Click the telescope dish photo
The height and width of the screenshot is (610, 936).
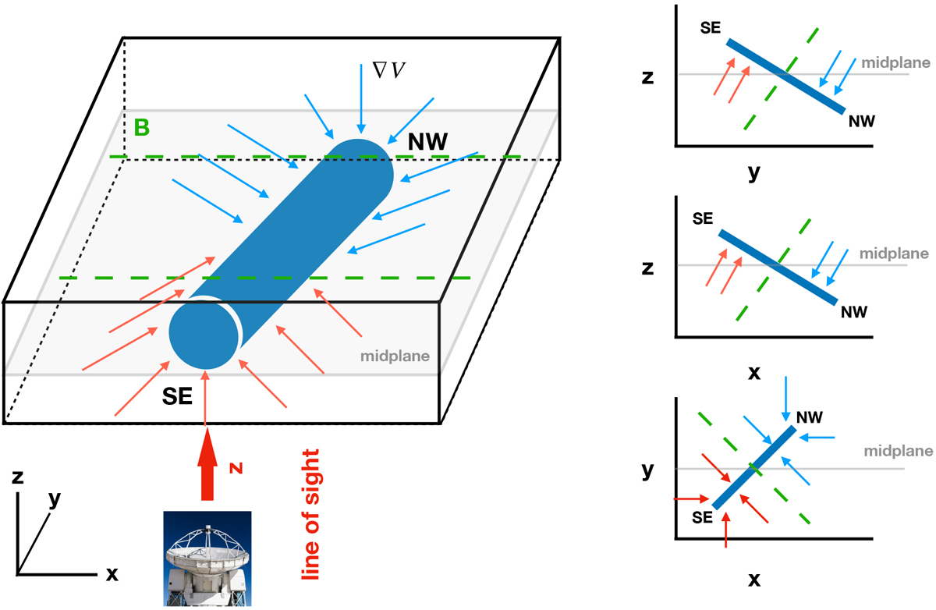pyautogui.click(x=207, y=558)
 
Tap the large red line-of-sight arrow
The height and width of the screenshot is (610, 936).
pyautogui.click(x=207, y=472)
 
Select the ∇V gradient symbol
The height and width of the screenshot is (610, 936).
pyautogui.click(x=390, y=70)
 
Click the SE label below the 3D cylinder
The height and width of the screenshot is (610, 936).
pyautogui.click(x=179, y=397)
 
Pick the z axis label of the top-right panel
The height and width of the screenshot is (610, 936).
pyautogui.click(x=647, y=78)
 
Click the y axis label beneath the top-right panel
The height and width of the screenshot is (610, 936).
pyautogui.click(x=753, y=173)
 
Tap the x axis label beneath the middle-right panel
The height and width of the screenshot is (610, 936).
pyautogui.click(x=754, y=372)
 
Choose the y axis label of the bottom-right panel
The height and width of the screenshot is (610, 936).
pyautogui.click(x=647, y=470)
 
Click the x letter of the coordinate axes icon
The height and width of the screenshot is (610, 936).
pyautogui.click(x=112, y=575)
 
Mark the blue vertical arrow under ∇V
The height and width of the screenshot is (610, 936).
pyautogui.click(x=360, y=98)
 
